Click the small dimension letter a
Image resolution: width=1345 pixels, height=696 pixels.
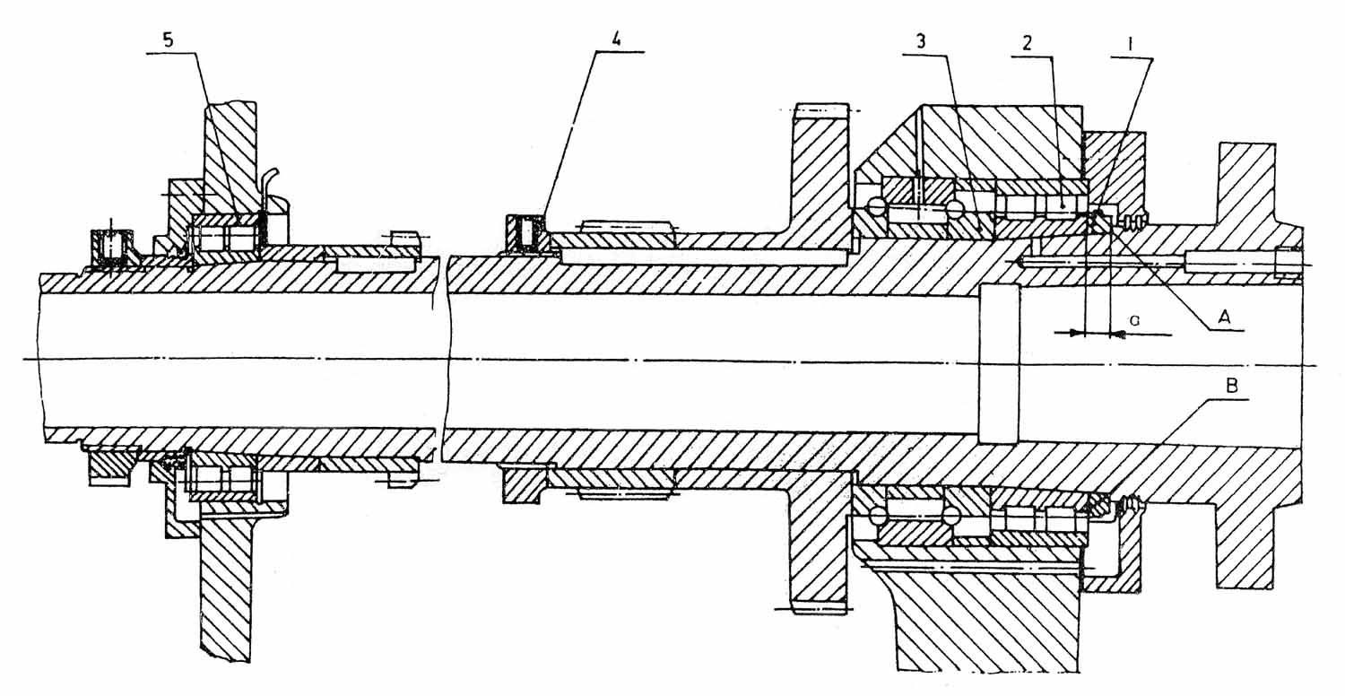(x=1134, y=318)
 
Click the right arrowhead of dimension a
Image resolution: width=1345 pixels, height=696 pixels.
(x=1117, y=334)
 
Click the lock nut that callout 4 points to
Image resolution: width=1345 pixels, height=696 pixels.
(x=525, y=235)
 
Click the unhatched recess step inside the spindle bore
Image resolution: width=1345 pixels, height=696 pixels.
(x=1000, y=363)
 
